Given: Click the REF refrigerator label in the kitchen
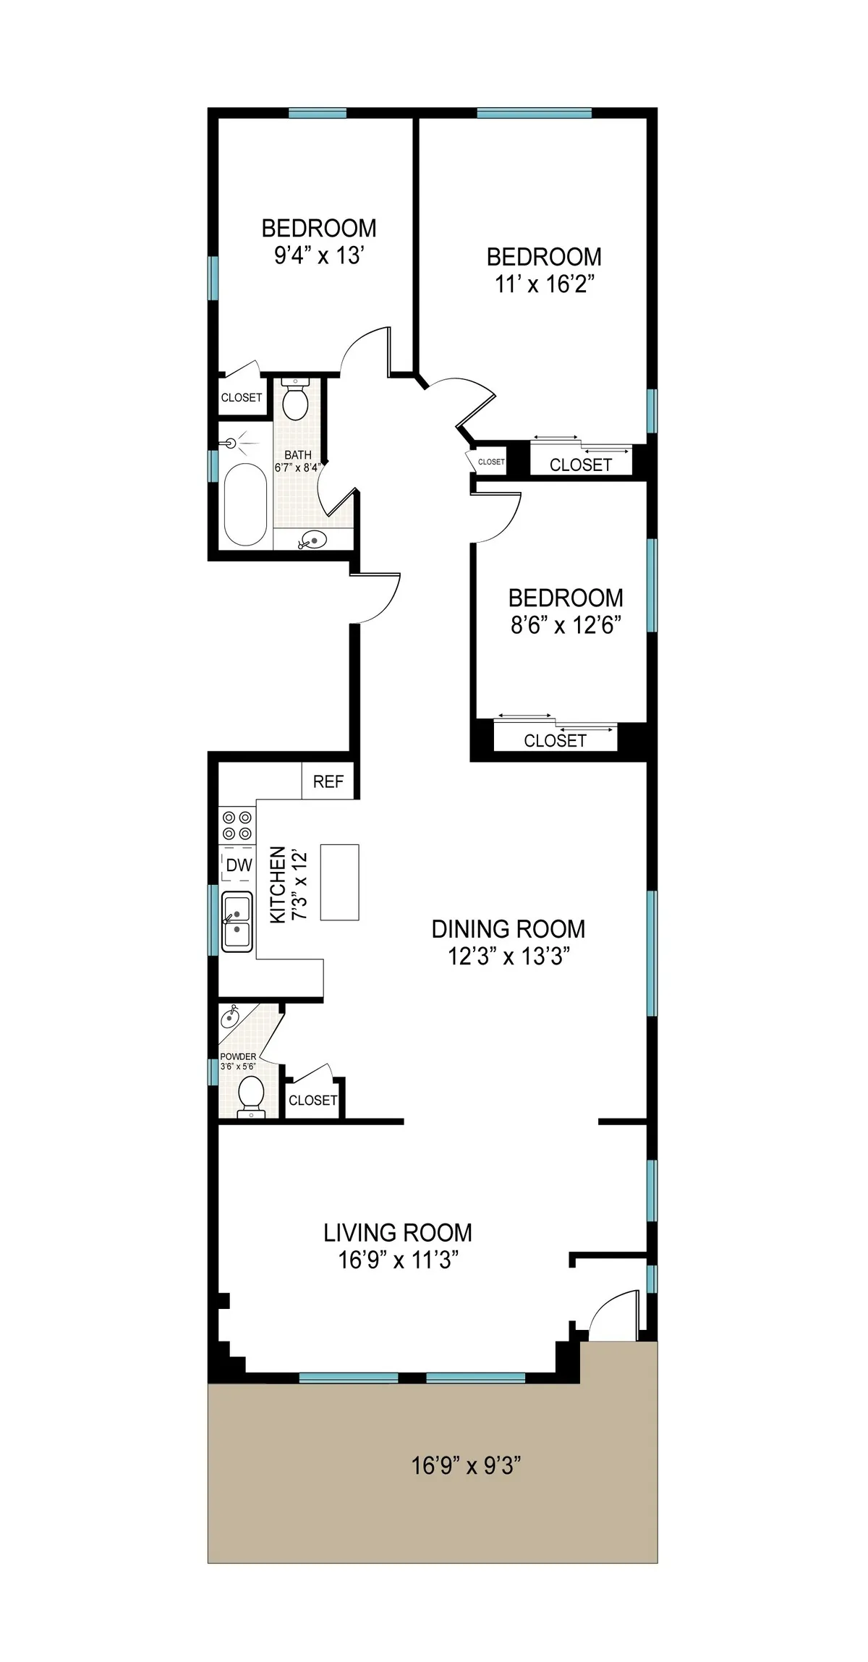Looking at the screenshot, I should pyautogui.click(x=328, y=781).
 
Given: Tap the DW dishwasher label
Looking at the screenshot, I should pyautogui.click(x=239, y=865).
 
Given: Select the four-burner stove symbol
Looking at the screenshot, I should pyautogui.click(x=237, y=826).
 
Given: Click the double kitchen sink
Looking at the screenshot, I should pyautogui.click(x=237, y=921).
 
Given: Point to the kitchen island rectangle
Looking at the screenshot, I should pyautogui.click(x=339, y=882).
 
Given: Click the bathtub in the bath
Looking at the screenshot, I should pyautogui.click(x=245, y=504).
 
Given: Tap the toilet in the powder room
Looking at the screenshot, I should pyautogui.click(x=251, y=1093).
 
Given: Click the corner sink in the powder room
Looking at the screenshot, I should pyautogui.click(x=230, y=1017).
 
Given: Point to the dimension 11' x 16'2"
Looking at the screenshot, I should pyautogui.click(x=544, y=284).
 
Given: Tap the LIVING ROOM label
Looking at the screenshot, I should pyautogui.click(x=397, y=1232).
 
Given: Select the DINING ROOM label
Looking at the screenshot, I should pyautogui.click(x=508, y=929).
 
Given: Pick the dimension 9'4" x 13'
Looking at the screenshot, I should pyautogui.click(x=318, y=255).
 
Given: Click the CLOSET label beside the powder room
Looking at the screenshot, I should pyautogui.click(x=312, y=1101).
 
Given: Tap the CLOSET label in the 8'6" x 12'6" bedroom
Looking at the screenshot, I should pyautogui.click(x=555, y=740).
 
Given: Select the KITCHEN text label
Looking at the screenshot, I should pyautogui.click(x=277, y=884).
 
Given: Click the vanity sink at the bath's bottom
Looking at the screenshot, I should pyautogui.click(x=313, y=539).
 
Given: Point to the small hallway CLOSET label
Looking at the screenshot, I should pyautogui.click(x=491, y=462).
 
